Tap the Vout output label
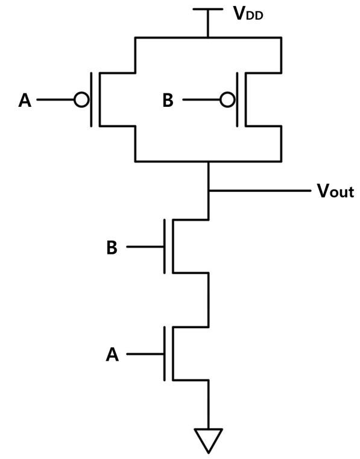tap(335, 192)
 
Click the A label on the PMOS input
tap(25, 101)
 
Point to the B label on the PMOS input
tap(168, 101)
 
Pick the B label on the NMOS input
tap(112, 248)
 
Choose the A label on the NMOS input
tap(112, 355)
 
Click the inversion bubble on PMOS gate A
tap(81, 100)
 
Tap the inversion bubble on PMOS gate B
tap(227, 100)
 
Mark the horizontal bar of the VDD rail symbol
tap(209, 10)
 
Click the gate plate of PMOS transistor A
tap(92, 100)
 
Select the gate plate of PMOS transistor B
tap(238, 100)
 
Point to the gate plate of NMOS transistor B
tap(165, 247)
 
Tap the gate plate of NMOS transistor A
tap(165, 354)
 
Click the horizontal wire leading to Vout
tap(259, 191)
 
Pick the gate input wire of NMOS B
tap(145, 247)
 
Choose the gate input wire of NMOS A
tap(145, 354)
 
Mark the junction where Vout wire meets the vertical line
tap(209, 191)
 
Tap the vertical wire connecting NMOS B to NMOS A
tap(209, 299)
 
